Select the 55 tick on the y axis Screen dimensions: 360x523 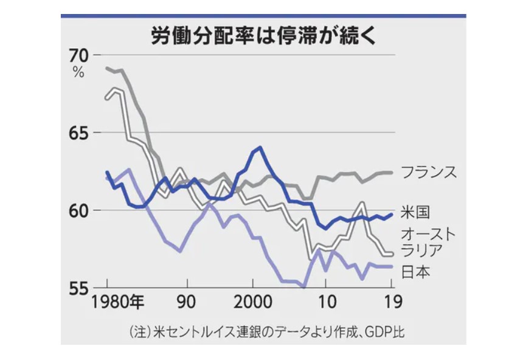(78, 288)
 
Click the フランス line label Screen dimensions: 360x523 (429, 172)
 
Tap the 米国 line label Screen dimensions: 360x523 (417, 212)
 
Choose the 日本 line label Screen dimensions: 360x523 (417, 272)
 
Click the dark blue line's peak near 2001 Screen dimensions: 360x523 (260, 147)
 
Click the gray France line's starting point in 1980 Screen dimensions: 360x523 (107, 67)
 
